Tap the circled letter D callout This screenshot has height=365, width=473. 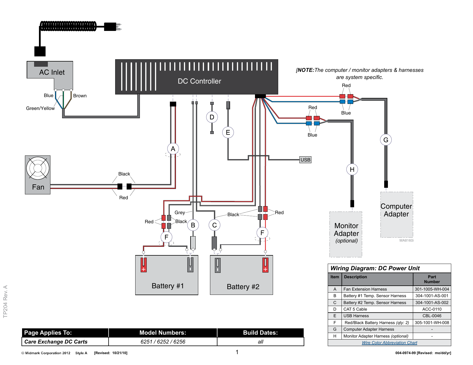pyautogui.click(x=212, y=117)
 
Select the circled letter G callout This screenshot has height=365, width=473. pyautogui.click(x=386, y=140)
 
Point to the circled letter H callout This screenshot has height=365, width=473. pyautogui.click(x=352, y=169)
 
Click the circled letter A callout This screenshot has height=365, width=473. pyautogui.click(x=173, y=149)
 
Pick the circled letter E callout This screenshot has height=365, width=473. pyautogui.click(x=228, y=132)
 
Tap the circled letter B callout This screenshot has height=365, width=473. pyautogui.click(x=193, y=225)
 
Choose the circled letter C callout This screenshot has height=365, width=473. pyautogui.click(x=214, y=225)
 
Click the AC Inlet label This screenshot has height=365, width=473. pyautogui.click(x=52, y=72)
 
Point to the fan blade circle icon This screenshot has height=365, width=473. pyautogui.click(x=38, y=168)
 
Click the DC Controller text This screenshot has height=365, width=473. pyautogui.click(x=199, y=81)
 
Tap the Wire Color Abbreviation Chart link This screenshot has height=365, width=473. pyautogui.click(x=389, y=343)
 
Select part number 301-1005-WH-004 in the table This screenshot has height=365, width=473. pyautogui.click(x=432, y=289)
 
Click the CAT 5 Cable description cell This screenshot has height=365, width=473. pyautogui.click(x=355, y=309)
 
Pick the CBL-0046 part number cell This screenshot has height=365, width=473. pyautogui.click(x=432, y=316)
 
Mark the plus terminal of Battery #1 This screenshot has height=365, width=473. pyautogui.click(x=144, y=265)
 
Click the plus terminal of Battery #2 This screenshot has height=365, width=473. pyautogui.click(x=265, y=265)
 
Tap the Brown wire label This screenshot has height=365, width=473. pyautogui.click(x=80, y=96)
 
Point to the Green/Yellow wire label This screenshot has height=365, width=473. pyautogui.click(x=40, y=108)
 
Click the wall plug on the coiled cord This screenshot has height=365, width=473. pyautogui.click(x=112, y=27)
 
